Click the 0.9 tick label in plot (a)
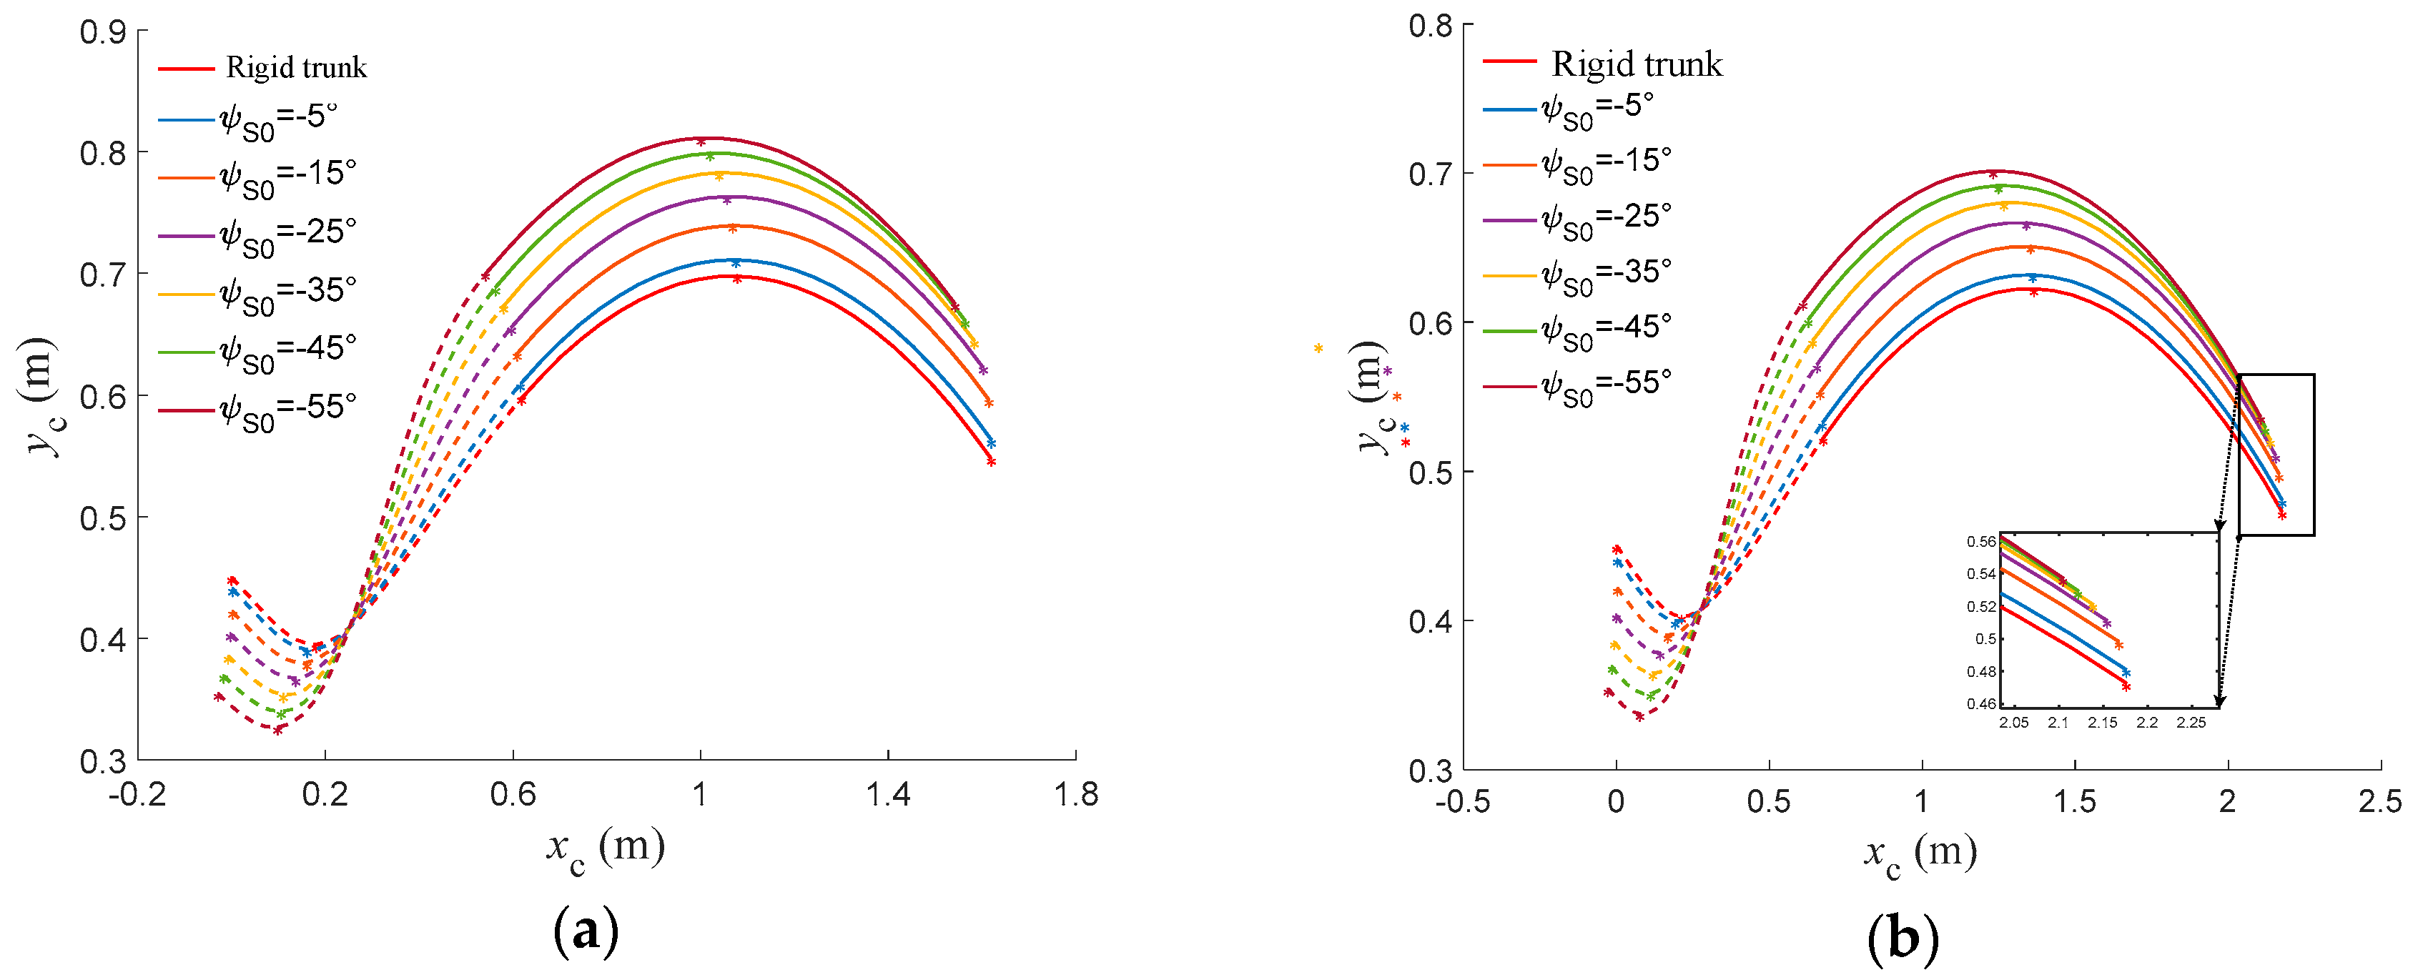pos(102,32)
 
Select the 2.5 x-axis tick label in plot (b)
pos(2379,802)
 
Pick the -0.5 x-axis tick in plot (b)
pos(1462,802)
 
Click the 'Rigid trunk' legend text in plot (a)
pos(296,67)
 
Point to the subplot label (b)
pos(1903,937)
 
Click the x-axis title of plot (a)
pos(605,848)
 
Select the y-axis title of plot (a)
pos(39,395)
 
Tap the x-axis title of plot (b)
pos(1920,853)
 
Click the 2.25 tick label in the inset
pos(2190,723)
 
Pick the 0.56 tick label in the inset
pos(1980,542)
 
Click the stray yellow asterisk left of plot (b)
pos(1318,349)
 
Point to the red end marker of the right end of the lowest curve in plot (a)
pos(991,462)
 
